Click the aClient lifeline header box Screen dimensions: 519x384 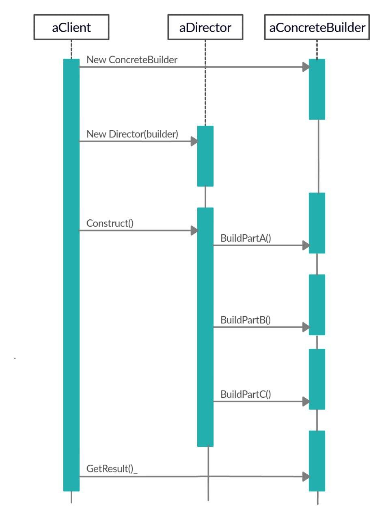(71, 28)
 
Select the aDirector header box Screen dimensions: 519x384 (205, 28)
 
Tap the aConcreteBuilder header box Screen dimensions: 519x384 (317, 28)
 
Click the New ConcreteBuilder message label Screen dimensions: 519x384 (132, 60)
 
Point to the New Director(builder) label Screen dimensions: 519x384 (132, 135)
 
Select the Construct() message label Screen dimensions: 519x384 (110, 223)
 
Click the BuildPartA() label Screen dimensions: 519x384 (246, 238)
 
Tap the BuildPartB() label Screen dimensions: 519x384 (246, 320)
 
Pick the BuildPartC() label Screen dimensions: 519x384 (246, 394)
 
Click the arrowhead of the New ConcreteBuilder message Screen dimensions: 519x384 (306, 67)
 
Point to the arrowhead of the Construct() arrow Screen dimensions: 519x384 (194, 231)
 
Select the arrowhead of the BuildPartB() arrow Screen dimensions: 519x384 (306, 327)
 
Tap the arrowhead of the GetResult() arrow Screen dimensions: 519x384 (306, 477)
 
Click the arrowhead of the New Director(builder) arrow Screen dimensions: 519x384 (194, 142)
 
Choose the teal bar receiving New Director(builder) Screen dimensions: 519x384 (205, 156)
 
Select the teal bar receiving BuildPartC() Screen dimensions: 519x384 (317, 379)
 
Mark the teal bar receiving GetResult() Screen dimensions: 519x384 (317, 461)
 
